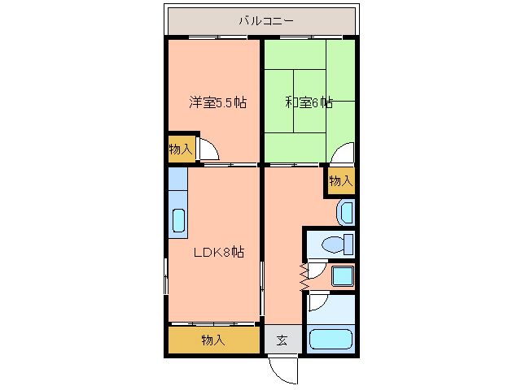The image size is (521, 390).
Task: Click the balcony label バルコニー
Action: [x=266, y=21]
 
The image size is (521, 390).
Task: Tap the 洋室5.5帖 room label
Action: [x=218, y=102]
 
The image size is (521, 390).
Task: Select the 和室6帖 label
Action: [x=309, y=102]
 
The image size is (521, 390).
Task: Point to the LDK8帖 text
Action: [x=219, y=253]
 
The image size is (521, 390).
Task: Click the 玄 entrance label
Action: [x=282, y=340]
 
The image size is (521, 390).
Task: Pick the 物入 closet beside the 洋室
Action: [x=181, y=149]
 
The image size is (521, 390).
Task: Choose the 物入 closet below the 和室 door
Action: [x=340, y=181]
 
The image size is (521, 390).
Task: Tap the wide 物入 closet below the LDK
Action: [x=213, y=340]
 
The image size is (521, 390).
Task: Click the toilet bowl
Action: [x=333, y=245]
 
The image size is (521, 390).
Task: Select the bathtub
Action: [x=331, y=339]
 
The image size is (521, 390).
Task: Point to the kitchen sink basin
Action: [x=178, y=221]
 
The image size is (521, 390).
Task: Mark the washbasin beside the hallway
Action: [x=345, y=213]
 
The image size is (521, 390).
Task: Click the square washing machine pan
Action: [x=343, y=276]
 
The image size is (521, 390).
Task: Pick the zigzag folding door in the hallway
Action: [x=304, y=277]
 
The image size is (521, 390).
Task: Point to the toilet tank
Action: [x=348, y=245]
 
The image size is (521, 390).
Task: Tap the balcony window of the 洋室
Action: [x=217, y=37]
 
